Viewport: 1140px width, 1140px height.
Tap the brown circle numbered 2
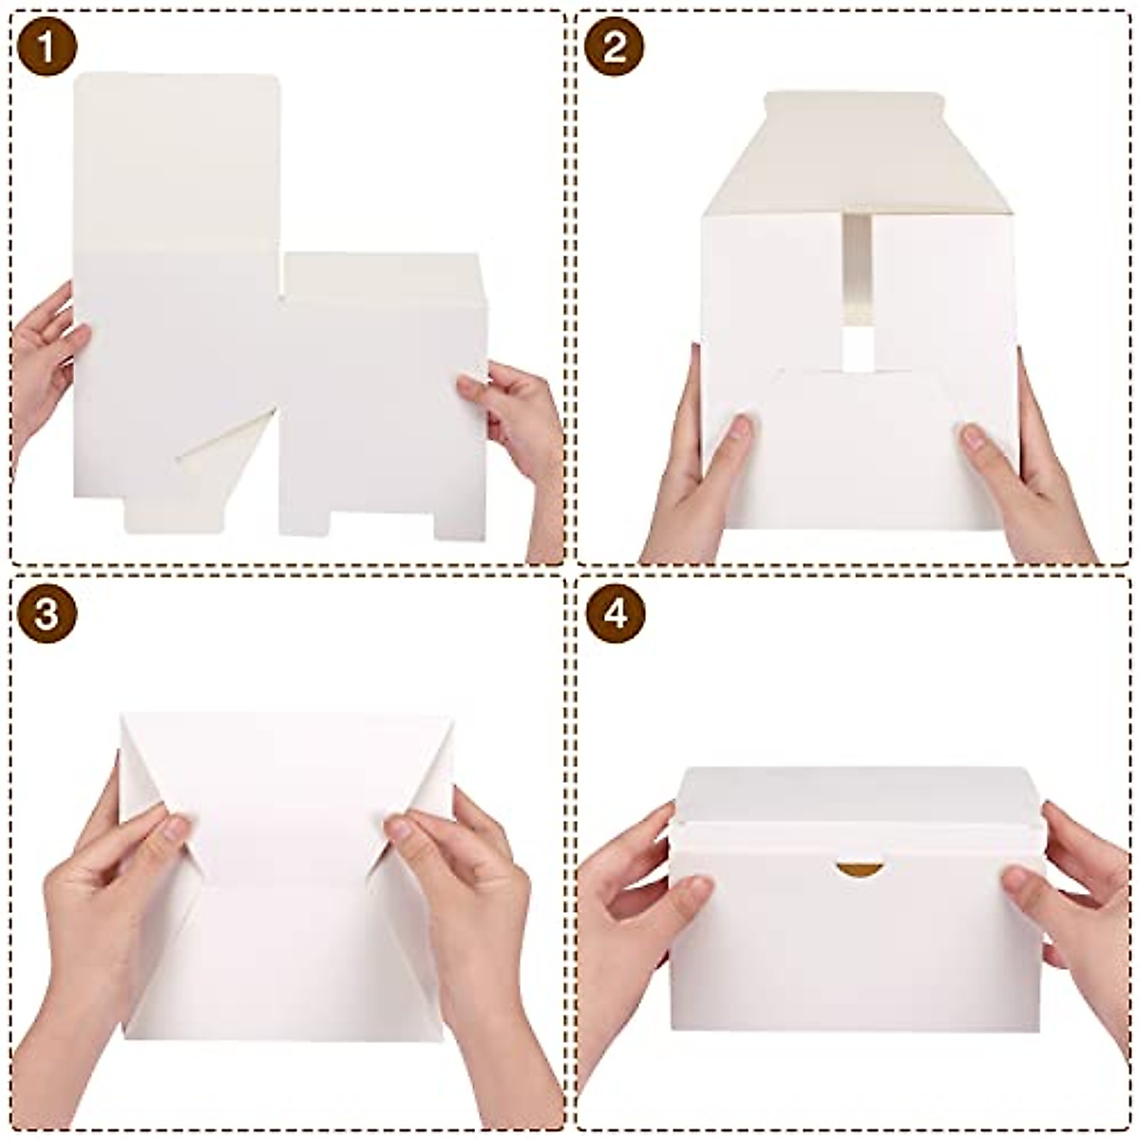(615, 47)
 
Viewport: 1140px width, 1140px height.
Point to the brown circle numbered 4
(615, 615)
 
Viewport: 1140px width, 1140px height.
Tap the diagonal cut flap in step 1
(223, 446)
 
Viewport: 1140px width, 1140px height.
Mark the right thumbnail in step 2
(972, 438)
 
